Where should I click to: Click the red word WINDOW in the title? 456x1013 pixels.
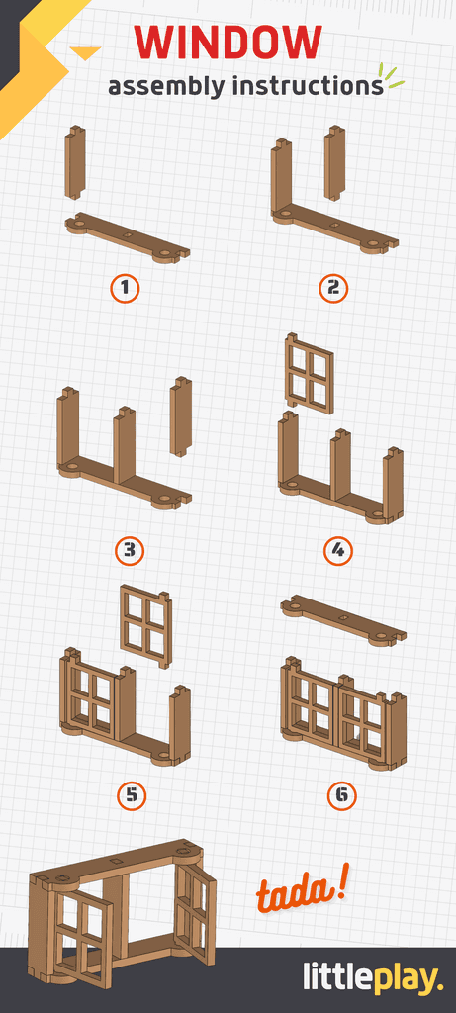[x=228, y=43]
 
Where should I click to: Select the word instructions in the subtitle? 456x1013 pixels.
[x=307, y=86]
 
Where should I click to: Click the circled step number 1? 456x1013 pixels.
[x=125, y=288]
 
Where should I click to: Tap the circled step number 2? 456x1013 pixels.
[x=334, y=288]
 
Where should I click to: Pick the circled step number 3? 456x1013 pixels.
[x=129, y=549]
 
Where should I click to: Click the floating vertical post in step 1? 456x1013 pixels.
[x=75, y=162]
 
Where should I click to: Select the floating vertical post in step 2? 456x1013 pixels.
[x=335, y=162]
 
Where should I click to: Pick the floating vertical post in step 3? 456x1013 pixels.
[x=180, y=415]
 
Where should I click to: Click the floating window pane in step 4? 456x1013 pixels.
[x=309, y=373]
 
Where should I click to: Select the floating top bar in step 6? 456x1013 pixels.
[x=342, y=620]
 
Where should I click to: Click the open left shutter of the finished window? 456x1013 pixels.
[x=83, y=935]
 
